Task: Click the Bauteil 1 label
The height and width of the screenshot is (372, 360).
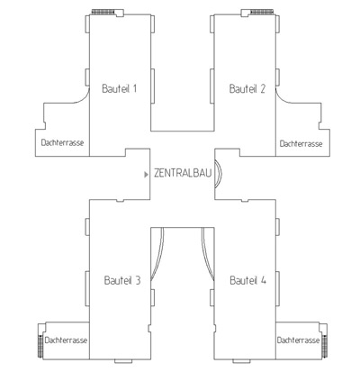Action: point(120,88)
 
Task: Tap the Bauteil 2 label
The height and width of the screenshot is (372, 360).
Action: point(247,88)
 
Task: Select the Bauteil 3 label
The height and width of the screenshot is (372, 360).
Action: point(122,280)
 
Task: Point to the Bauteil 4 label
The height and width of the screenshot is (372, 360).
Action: point(247,280)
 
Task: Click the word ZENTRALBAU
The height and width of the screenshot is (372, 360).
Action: point(183,173)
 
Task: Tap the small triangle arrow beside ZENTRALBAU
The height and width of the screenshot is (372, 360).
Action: point(146,175)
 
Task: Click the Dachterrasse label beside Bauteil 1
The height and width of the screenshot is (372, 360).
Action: point(62,142)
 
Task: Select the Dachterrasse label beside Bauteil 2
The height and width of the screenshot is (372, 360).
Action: point(301,143)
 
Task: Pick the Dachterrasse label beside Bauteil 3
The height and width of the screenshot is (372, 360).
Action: point(66,340)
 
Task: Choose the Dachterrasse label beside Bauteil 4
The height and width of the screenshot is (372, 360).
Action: point(298,340)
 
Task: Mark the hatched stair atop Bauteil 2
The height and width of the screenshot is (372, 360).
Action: point(262,12)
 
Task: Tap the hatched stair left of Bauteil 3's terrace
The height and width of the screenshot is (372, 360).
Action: point(40,345)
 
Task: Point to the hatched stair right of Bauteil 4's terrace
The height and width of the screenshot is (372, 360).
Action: point(325,345)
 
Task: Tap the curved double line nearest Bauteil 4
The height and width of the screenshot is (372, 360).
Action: point(206,255)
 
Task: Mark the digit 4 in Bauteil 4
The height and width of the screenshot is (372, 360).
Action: point(263,280)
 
